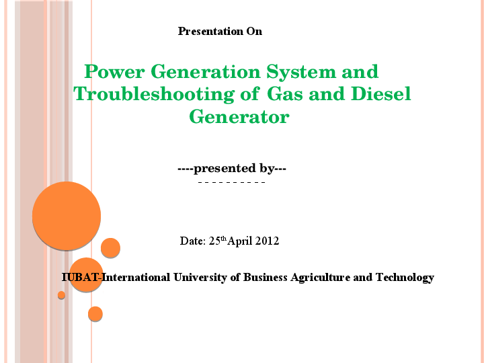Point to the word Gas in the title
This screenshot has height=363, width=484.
(285, 93)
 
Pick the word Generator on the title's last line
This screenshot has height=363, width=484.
(239, 117)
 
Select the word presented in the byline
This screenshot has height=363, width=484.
(225, 169)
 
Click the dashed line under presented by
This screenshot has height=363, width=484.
(232, 182)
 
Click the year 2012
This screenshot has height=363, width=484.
(267, 241)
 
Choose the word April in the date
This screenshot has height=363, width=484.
(240, 241)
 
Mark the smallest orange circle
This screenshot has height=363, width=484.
(61, 295)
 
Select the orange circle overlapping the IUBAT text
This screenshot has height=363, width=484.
(86, 274)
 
